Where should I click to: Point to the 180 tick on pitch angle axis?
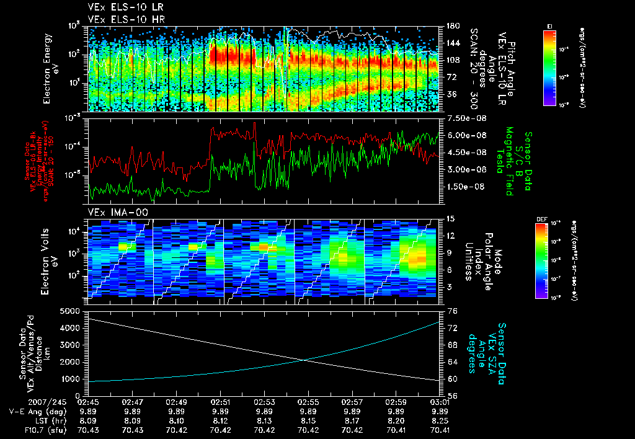[452, 26]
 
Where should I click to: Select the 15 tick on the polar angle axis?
[450, 219]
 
